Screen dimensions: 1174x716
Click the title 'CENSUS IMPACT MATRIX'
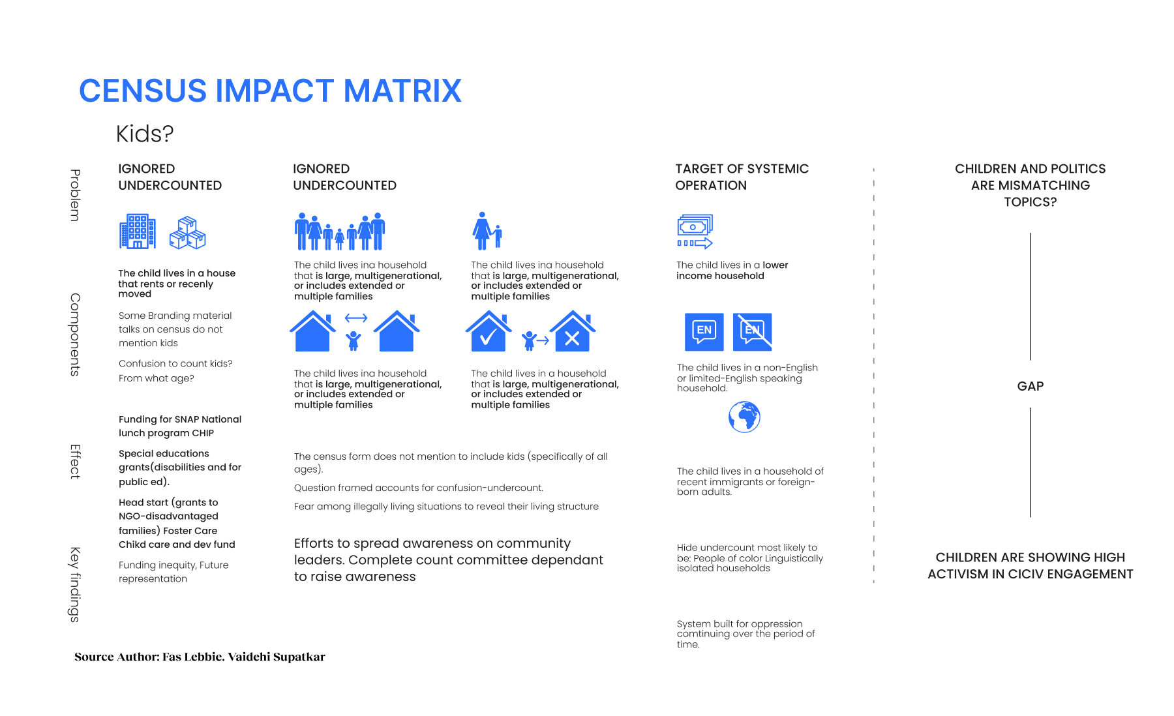(x=270, y=91)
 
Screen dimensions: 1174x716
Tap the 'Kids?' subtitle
(x=145, y=134)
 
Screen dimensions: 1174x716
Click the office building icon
(x=138, y=231)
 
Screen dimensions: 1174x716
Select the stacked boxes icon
(x=188, y=233)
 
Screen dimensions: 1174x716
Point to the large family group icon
(x=340, y=231)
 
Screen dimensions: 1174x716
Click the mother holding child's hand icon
(x=487, y=231)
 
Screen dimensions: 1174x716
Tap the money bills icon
(x=695, y=231)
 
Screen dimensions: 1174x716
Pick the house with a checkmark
(x=489, y=331)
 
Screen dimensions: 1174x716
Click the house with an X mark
(x=573, y=331)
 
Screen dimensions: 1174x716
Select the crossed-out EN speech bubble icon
(x=753, y=332)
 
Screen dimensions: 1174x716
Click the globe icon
(x=744, y=417)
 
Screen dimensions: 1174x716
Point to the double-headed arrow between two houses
(x=356, y=318)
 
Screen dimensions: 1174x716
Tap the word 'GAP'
(x=1031, y=386)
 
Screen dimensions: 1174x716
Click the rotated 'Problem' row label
(x=76, y=195)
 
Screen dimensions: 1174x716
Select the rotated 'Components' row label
(x=76, y=335)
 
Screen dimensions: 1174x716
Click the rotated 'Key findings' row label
(x=76, y=584)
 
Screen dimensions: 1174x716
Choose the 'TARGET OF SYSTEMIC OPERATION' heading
(x=742, y=177)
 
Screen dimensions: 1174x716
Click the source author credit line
(x=200, y=657)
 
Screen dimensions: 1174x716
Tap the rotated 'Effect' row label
(x=76, y=462)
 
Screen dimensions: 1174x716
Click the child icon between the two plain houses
(x=354, y=339)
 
